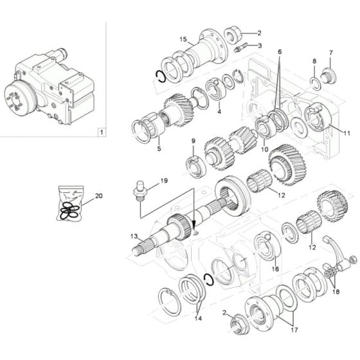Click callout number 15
[x=183, y=39]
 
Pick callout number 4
[x=219, y=111]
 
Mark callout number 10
[x=264, y=149]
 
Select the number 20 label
[x=98, y=196]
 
